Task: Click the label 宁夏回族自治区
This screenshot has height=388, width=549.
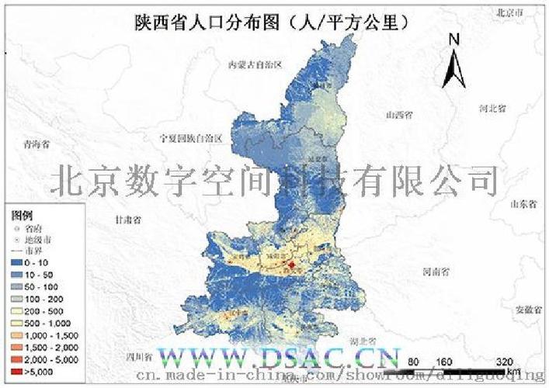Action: (191, 138)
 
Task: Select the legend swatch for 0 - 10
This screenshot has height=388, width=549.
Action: (17, 265)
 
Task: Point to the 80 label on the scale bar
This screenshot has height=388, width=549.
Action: (414, 360)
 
